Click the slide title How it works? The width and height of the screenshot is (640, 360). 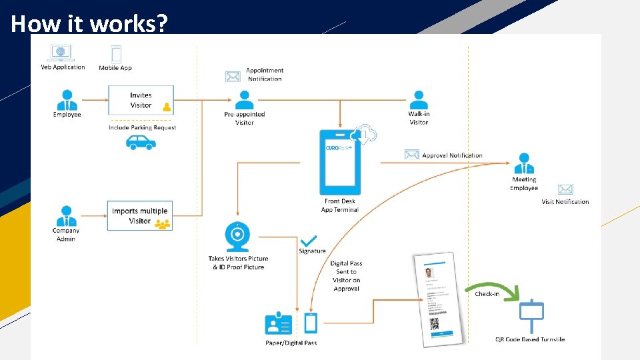89,23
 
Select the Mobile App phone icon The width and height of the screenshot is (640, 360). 116,54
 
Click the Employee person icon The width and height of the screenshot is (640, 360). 67,100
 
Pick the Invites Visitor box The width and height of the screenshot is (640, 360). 141,100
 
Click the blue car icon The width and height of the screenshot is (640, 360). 141,142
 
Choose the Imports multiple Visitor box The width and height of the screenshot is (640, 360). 140,216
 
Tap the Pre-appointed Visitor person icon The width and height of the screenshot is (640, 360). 245,100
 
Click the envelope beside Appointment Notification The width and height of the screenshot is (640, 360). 233,76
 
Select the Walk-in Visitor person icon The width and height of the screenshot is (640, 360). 419,100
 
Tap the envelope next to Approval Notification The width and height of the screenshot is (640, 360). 412,155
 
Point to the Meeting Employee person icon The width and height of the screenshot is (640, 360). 524,163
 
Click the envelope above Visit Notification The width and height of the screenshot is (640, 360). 565,189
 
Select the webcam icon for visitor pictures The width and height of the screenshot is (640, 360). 237,236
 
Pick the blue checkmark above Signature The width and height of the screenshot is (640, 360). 309,240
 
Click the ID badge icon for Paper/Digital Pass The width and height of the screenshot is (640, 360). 279,324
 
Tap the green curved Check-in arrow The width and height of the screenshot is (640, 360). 496,288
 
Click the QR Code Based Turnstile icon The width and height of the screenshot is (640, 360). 531,316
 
